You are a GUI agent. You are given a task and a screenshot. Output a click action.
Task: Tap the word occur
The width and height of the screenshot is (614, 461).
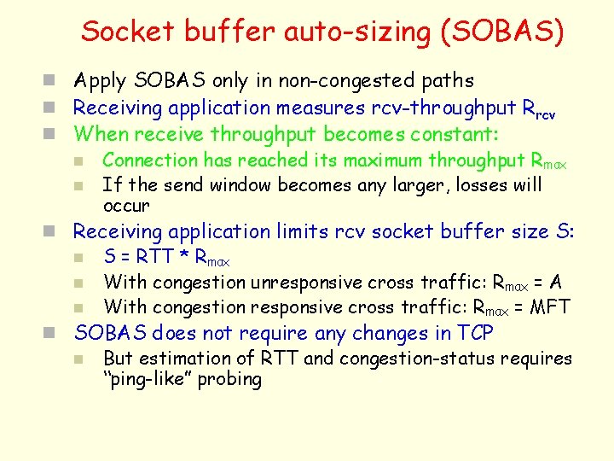point(125,206)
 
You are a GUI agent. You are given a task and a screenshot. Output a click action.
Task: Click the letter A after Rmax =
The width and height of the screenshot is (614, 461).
point(555,282)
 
